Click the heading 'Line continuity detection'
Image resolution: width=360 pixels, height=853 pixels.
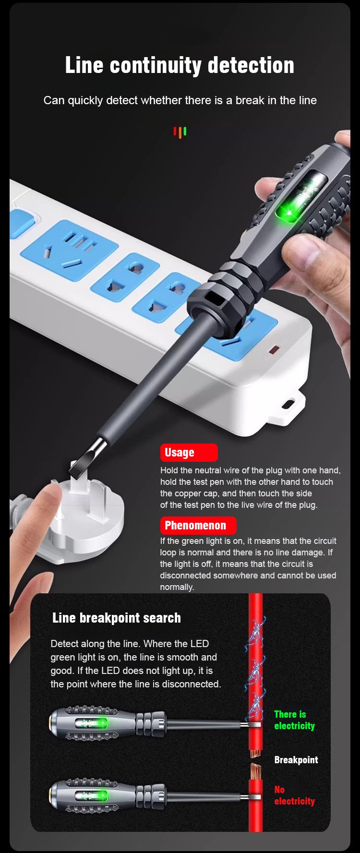coord(180,65)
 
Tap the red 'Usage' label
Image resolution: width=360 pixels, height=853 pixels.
coord(189,453)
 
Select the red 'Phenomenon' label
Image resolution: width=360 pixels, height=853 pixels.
coord(198,526)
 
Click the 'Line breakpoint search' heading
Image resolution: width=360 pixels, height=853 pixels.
coord(117,618)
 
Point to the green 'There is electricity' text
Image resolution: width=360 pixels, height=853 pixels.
coord(294,720)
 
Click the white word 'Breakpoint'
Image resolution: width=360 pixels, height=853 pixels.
coord(296,760)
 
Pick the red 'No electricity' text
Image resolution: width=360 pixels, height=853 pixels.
coord(294,795)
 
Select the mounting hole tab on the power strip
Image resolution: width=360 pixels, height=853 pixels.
coord(289,404)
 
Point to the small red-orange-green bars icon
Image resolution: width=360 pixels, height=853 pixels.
coord(180,132)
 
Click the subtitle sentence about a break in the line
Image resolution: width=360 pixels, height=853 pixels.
coord(180,100)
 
